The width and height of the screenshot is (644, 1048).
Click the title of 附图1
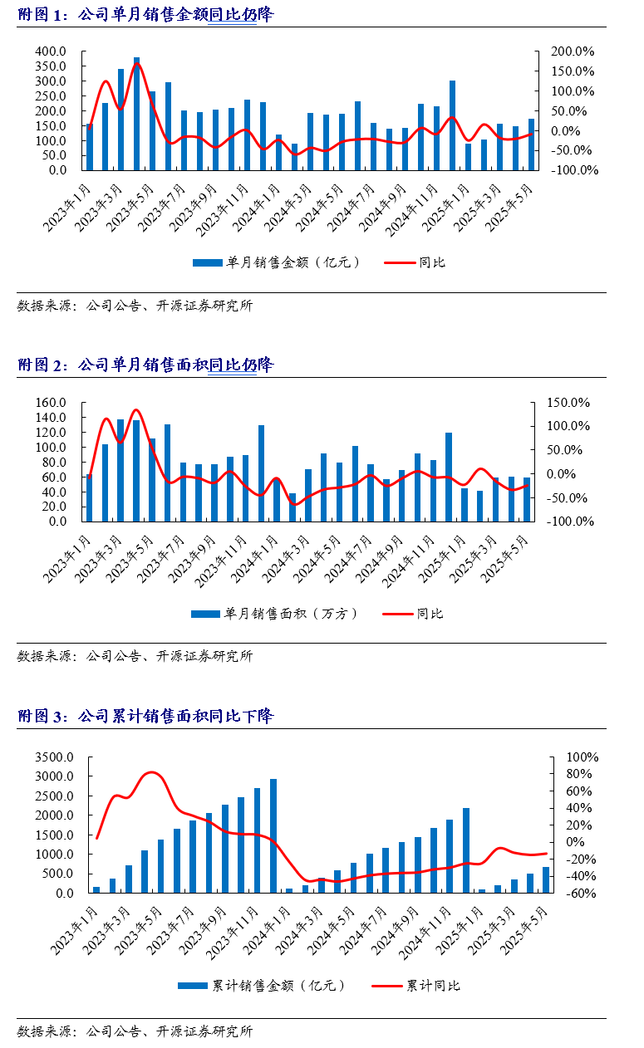click(145, 14)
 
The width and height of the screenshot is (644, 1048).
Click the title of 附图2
click(145, 365)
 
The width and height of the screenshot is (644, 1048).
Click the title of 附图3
click(145, 716)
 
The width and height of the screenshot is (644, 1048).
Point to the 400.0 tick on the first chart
click(51, 51)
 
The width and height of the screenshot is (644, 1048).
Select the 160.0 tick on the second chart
click(51, 403)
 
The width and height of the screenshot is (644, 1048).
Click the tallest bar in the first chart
click(136, 114)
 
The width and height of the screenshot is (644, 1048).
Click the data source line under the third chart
click(135, 1031)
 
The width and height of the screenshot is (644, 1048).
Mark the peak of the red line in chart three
click(150, 772)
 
